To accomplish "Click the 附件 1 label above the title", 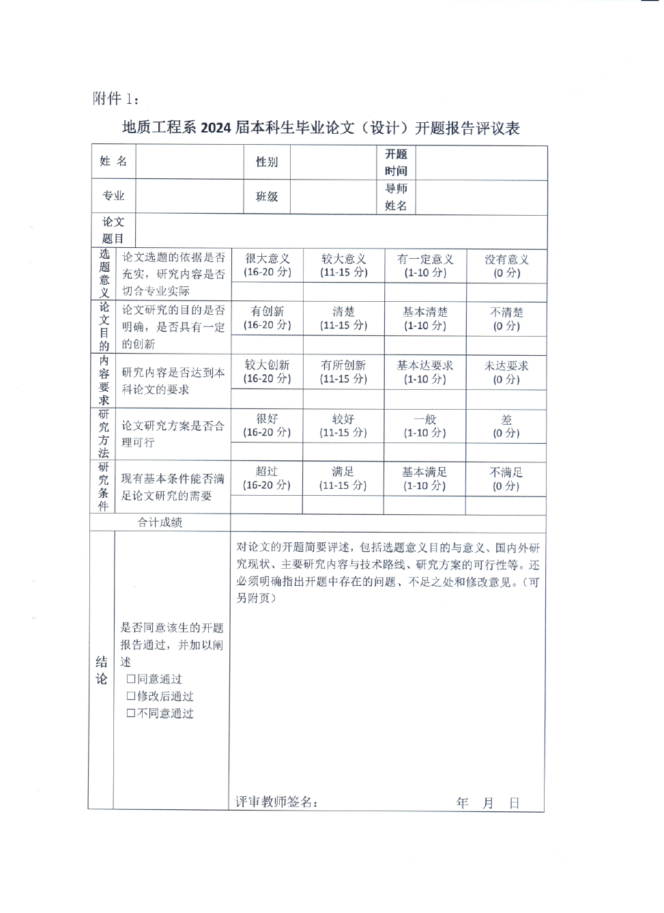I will pyautogui.click(x=115, y=99).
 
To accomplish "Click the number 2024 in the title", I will pyautogui.click(x=216, y=128).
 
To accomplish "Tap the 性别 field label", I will pyautogui.click(x=267, y=162).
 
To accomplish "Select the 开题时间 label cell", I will pyautogui.click(x=396, y=163).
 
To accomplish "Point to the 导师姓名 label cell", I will pyautogui.click(x=396, y=197).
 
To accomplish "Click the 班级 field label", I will pyautogui.click(x=267, y=197).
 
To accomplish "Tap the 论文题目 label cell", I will pyautogui.click(x=113, y=231).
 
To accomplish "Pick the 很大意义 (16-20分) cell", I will pyautogui.click(x=268, y=266).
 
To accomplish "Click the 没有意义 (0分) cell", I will pyautogui.click(x=506, y=266).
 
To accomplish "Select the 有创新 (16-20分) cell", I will pyautogui.click(x=268, y=318).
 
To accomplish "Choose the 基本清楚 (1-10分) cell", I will pyautogui.click(x=425, y=318).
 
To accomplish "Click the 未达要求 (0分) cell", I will pyautogui.click(x=506, y=372).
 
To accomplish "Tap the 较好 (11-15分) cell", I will pyautogui.click(x=343, y=425).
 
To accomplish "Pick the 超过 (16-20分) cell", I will pyautogui.click(x=267, y=479).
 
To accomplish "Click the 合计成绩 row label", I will pyautogui.click(x=160, y=522).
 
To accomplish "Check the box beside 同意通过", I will pyautogui.click(x=131, y=679).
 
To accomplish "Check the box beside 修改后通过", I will pyautogui.click(x=131, y=697).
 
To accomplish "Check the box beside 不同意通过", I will pyautogui.click(x=131, y=714).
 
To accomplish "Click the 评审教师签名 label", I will pyautogui.click(x=276, y=802).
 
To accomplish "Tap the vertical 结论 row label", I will pyautogui.click(x=102, y=670).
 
